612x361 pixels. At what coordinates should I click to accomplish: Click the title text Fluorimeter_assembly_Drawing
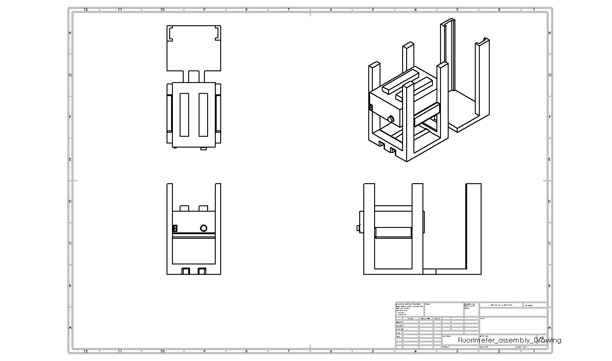coord(509,340)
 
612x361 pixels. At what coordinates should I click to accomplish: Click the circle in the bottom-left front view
coord(204,228)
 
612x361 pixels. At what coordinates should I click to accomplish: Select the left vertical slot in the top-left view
coord(184,115)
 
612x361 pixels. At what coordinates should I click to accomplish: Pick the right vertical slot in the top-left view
coord(203,115)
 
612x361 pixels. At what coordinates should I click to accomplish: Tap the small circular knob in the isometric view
coord(391,119)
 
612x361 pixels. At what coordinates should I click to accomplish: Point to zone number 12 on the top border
coord(86,9)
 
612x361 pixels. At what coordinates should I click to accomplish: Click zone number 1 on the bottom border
coord(534,351)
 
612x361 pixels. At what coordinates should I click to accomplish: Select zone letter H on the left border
coord(70,33)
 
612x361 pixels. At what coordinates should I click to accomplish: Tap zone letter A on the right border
coord(549,328)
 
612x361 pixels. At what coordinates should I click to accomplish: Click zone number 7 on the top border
coord(289,9)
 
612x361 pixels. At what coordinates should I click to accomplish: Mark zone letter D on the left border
coord(70,201)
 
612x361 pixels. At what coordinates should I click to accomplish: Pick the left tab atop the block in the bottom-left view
coord(184,208)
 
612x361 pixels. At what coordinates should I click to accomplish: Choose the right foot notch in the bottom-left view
coord(202,271)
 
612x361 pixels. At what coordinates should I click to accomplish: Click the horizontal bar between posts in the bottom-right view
coord(393,232)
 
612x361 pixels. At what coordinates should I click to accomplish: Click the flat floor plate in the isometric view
coord(465,108)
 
